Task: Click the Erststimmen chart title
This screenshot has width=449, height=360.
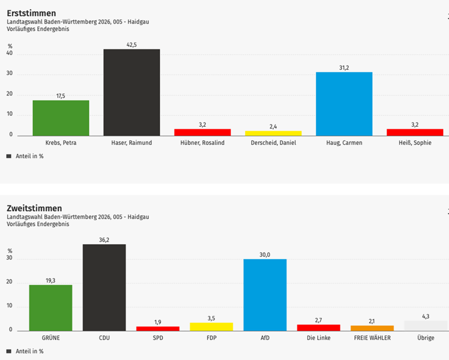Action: coord(32,14)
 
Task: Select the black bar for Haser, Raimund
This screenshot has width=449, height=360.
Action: coord(132,92)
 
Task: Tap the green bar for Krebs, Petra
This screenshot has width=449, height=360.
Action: coord(61,118)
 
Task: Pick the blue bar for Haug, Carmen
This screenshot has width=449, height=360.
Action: coord(344,104)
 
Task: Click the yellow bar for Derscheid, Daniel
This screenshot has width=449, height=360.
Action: coord(273,133)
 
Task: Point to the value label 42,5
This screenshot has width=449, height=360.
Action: coord(132,44)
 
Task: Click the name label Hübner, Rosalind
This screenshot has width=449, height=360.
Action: coord(202,143)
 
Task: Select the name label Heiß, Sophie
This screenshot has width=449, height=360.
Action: coord(415,143)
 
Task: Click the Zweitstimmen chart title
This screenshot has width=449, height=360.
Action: coord(34,208)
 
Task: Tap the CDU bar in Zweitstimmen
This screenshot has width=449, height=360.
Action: coord(104,287)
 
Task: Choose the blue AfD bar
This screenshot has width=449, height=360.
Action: coord(265,295)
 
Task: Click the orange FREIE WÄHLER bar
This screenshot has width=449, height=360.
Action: coord(372,328)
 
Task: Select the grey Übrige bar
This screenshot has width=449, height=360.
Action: coord(425,326)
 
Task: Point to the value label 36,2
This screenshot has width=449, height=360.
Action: coord(104,239)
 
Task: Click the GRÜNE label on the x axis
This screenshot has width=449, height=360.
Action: coord(50,338)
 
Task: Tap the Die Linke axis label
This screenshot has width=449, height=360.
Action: coord(319,338)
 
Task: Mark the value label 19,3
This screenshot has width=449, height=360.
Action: coord(50,280)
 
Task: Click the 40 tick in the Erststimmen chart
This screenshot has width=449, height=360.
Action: coord(9,54)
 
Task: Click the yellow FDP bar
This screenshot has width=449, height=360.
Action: coord(211,327)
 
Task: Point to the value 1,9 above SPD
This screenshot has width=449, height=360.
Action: coord(158,322)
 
